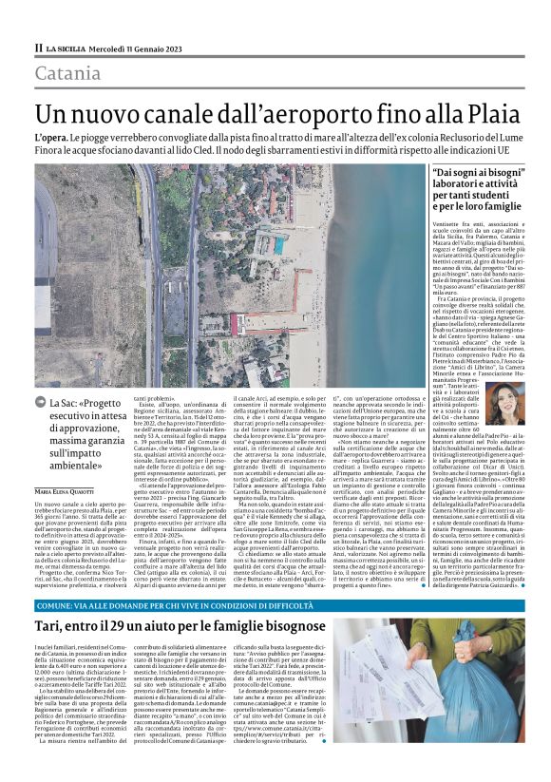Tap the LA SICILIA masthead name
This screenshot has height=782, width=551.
(x=69, y=48)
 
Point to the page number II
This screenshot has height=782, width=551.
(x=38, y=48)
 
